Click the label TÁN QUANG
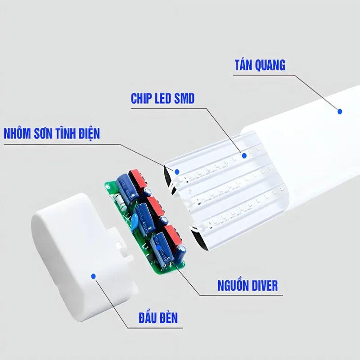pyautogui.click(x=260, y=65)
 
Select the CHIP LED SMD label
pyautogui.click(x=162, y=99)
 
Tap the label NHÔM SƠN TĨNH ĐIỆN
pyautogui.click(x=51, y=134)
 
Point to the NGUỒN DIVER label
pyautogui.click(x=247, y=285)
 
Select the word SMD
pyautogui.click(x=184, y=99)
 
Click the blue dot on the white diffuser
pyautogui.click(x=340, y=110)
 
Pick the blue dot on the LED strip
pyautogui.click(x=244, y=155)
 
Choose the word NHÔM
pyautogui.click(x=18, y=134)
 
